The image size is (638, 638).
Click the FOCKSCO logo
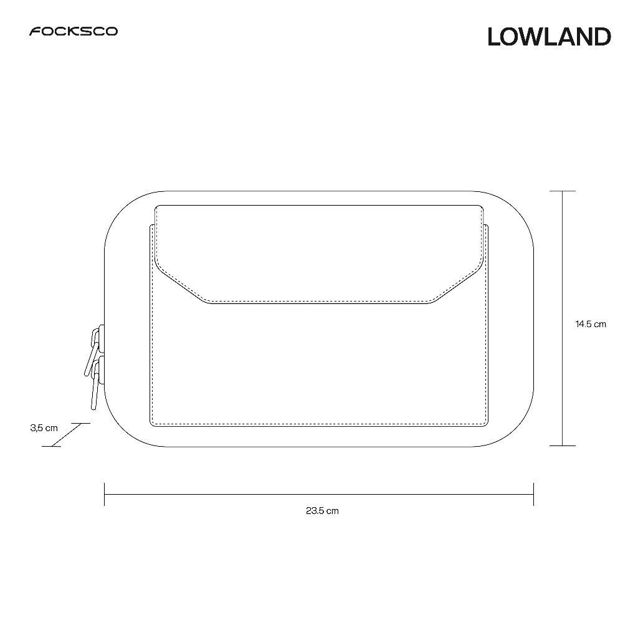tap(74, 31)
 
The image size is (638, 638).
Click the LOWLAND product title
tap(550, 37)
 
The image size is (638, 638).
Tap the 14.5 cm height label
tap(591, 324)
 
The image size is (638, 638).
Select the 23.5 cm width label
tap(322, 511)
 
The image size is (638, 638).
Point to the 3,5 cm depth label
tap(44, 428)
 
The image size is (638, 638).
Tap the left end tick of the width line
tap(105, 494)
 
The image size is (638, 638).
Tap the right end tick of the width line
tap(533, 494)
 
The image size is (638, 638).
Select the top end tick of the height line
tap(563, 191)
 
